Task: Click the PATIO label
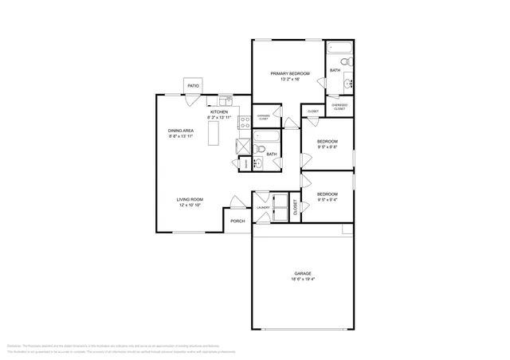[192, 86]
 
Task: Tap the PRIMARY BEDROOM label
[284, 73]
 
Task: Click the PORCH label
[237, 221]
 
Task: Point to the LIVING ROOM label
[191, 199]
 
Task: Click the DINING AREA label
[181, 131]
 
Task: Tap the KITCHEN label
[219, 112]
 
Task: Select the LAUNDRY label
[262, 210]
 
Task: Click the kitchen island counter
[214, 136]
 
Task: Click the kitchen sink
[225, 100]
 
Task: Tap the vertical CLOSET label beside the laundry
[295, 209]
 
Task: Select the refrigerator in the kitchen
[241, 147]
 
